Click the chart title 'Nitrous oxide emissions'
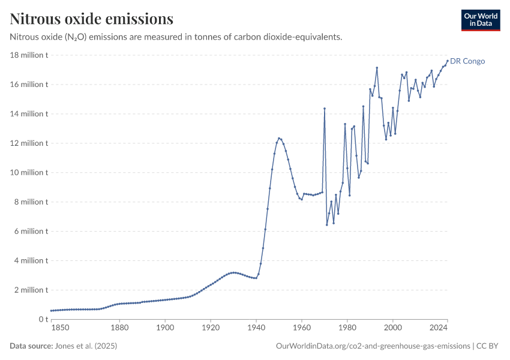pos(92,19)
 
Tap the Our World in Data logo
pos(481,20)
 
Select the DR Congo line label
pos(467,61)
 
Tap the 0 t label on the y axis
pos(41,320)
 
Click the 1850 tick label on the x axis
pos(60,328)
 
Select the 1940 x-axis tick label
pos(256,328)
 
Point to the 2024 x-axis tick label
pos(439,328)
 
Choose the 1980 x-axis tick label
pos(347,328)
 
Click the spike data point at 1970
pos(325,109)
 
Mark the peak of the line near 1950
pos(279,138)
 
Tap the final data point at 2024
pos(448,60)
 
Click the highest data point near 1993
pos(377,68)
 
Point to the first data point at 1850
pos(51,311)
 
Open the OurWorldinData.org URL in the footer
pos(373,346)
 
